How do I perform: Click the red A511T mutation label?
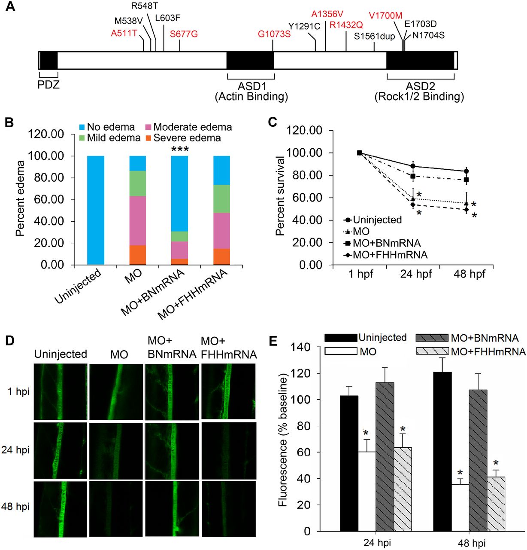pyautogui.click(x=124, y=34)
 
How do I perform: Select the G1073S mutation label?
pyautogui.click(x=274, y=34)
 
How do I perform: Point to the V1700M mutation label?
pyautogui.click(x=385, y=16)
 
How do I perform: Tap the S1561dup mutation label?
pyautogui.click(x=374, y=37)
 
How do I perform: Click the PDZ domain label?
pyautogui.click(x=48, y=85)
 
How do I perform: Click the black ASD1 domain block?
pyautogui.click(x=250, y=61)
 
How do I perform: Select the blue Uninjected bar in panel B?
pyautogui.click(x=96, y=210)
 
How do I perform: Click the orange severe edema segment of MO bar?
pyautogui.click(x=138, y=255)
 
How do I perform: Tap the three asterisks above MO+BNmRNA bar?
pyautogui.click(x=180, y=150)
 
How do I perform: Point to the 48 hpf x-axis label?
pyautogui.click(x=469, y=274)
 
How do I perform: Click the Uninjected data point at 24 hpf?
pyautogui.click(x=413, y=166)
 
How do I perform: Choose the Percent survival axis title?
pyautogui.click(x=280, y=196)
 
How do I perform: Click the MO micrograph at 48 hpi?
pyautogui.click(x=116, y=508)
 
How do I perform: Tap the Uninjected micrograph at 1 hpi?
pyautogui.click(x=61, y=391)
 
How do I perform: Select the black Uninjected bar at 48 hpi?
pyautogui.click(x=442, y=451)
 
